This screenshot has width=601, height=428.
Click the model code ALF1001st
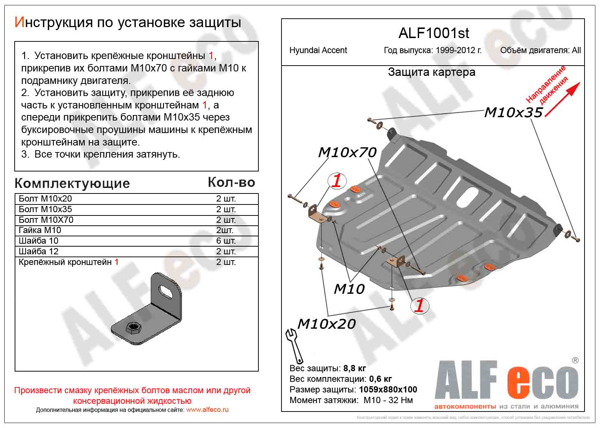433,33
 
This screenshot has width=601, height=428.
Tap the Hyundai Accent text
318,50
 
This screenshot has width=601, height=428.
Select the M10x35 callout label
513,112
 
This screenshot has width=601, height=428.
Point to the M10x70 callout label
347,152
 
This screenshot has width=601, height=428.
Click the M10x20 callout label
326,324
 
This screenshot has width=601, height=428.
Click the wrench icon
294,345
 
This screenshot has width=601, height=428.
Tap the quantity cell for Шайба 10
226,241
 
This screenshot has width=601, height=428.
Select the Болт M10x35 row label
45,209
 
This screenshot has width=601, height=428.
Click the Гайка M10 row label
40,230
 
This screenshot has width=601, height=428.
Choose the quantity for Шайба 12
226,251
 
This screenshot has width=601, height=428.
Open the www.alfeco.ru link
207,410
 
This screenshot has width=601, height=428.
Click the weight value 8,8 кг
355,368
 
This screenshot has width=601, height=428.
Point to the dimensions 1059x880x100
388,390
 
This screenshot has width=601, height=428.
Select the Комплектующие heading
72,183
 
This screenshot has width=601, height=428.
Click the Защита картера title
432,72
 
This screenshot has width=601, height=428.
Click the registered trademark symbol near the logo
575,361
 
